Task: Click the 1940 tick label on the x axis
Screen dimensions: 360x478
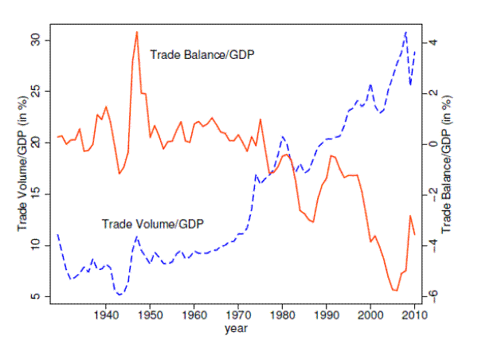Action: pos(107,316)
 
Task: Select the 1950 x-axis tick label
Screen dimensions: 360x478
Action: pos(151,316)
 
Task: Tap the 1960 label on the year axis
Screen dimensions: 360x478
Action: pos(194,316)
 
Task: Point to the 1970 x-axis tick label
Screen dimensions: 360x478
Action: pos(238,316)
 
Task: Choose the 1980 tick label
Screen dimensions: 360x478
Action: pos(282,316)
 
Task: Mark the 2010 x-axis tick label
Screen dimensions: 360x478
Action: pos(413,316)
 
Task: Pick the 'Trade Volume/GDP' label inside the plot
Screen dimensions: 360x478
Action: pos(153,224)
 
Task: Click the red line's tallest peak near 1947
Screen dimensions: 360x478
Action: pos(137,32)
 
